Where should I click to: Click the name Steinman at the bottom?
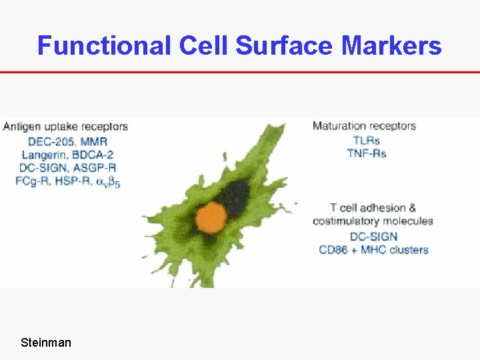click(46, 343)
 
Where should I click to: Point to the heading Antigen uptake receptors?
click(65, 126)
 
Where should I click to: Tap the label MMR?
click(93, 141)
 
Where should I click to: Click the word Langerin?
click(41, 154)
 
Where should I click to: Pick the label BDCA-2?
click(88, 154)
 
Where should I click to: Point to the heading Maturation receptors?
click(364, 126)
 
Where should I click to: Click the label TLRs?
click(366, 141)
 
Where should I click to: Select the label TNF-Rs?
click(366, 153)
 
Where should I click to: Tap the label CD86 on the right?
click(335, 250)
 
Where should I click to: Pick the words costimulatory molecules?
click(373, 221)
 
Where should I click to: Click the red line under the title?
click(240, 72)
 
